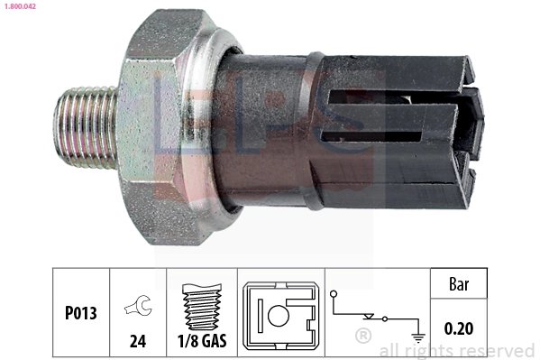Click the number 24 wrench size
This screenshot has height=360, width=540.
click(137, 343)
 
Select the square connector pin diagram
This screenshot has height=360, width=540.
click(279, 315)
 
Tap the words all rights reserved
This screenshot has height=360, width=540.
click(457, 350)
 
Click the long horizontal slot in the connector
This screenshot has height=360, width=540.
click(379, 136)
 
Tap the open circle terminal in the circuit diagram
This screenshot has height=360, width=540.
click(334, 293)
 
